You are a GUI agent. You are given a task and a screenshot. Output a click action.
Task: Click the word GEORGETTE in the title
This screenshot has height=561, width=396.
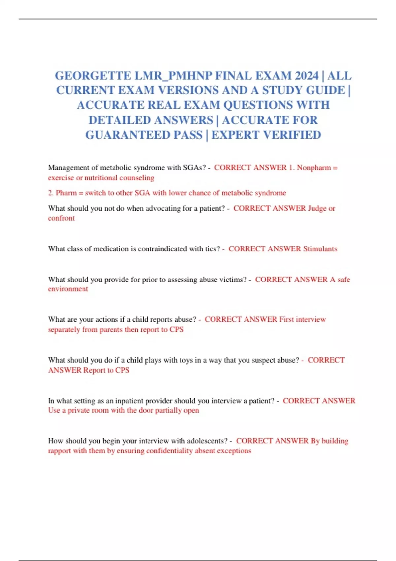93,76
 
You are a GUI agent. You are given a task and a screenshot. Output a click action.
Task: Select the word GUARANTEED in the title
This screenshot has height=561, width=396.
144,135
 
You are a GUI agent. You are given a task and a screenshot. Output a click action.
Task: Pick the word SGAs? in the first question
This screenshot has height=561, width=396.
195,168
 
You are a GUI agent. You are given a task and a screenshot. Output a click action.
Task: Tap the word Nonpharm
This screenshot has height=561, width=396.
313,168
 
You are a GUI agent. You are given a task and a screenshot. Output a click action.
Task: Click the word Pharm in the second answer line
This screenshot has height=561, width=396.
66,193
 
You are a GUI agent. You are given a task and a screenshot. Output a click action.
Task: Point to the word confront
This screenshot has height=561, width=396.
61,218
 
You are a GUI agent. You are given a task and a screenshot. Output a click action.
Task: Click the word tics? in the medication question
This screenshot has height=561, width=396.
212,249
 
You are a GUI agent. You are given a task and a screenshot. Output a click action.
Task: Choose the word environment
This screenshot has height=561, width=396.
68,289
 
